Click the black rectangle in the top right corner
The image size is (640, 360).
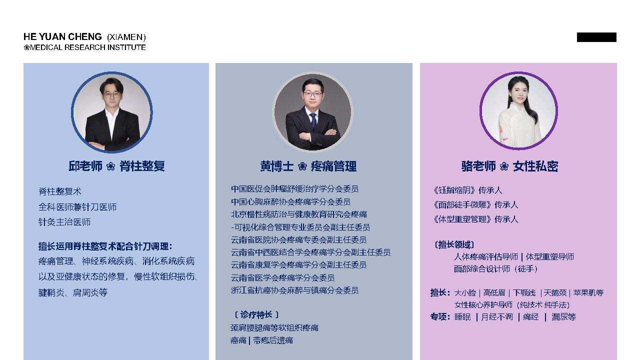[596, 37]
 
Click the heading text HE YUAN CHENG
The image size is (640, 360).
[62, 37]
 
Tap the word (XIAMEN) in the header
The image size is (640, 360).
[126, 37]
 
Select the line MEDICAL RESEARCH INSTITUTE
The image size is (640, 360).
[87, 47]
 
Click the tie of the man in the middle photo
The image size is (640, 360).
[313, 120]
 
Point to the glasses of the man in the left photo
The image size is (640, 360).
[111, 94]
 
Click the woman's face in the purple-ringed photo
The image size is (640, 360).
[517, 91]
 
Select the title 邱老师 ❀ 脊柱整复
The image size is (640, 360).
[116, 166]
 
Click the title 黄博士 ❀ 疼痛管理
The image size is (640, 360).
[308, 166]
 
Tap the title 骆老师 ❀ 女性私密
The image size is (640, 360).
[509, 166]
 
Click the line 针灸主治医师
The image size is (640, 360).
[64, 222]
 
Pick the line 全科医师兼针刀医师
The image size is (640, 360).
[77, 207]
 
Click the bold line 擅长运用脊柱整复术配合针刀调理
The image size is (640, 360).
[105, 246]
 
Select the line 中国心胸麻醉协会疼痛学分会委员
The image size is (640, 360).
[290, 201]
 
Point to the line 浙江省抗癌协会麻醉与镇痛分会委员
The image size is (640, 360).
[294, 290]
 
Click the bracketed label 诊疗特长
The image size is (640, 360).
[256, 315]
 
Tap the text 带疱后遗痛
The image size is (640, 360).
[273, 340]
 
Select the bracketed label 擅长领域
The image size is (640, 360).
[454, 245]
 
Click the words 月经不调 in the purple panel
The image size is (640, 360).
[497, 317]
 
